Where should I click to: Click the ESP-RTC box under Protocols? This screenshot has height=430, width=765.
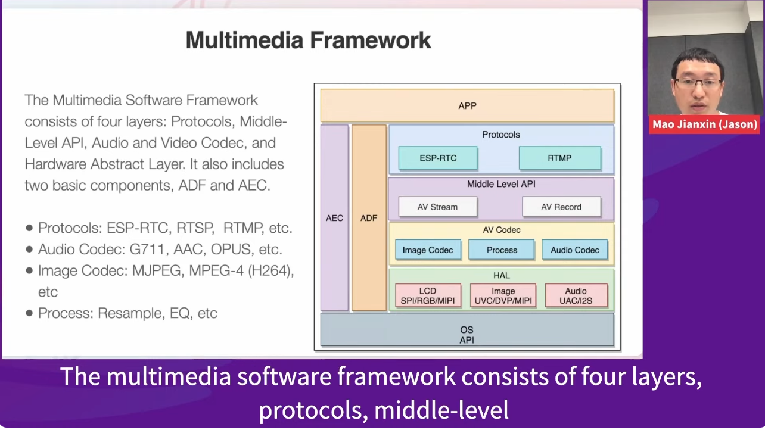point(438,158)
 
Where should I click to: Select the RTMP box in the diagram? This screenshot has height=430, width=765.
point(559,158)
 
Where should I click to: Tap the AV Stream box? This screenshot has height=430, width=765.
point(437,207)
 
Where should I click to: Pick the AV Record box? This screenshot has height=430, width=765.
point(561,207)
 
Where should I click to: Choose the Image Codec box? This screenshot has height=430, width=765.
point(428,250)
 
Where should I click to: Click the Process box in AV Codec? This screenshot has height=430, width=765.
point(501,250)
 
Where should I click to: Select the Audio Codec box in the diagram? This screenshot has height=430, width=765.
point(575,250)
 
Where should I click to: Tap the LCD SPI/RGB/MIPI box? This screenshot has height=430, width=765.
point(428,295)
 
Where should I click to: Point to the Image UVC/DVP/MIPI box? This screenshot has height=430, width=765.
point(503,295)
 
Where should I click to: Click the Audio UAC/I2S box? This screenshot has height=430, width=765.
point(576,295)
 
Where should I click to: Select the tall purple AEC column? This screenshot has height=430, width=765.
point(334,218)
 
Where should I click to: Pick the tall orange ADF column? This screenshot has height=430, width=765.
point(369,218)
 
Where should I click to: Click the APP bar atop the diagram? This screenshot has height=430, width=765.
point(467,106)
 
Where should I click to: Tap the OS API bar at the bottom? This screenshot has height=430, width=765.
point(467,330)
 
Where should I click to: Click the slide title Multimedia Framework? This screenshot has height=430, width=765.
point(308,40)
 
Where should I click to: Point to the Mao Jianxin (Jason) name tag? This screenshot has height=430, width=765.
point(705,124)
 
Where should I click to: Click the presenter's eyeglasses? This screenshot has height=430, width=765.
point(698,83)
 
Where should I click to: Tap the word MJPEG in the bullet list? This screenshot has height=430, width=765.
point(157,270)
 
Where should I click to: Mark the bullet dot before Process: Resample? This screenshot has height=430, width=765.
point(29,313)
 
